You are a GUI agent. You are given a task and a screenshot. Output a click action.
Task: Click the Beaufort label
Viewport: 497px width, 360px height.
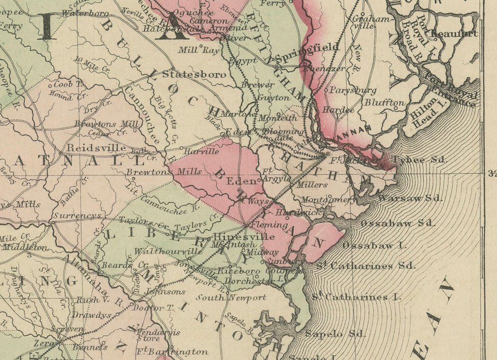click(x=454, y=33)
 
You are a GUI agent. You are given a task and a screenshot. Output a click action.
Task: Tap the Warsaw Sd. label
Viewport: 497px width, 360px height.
click(x=411, y=198)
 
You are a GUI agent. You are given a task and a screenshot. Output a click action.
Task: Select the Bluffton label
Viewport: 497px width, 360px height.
click(x=385, y=102)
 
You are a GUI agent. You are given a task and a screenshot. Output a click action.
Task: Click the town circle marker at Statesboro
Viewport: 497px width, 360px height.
click(x=172, y=68)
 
